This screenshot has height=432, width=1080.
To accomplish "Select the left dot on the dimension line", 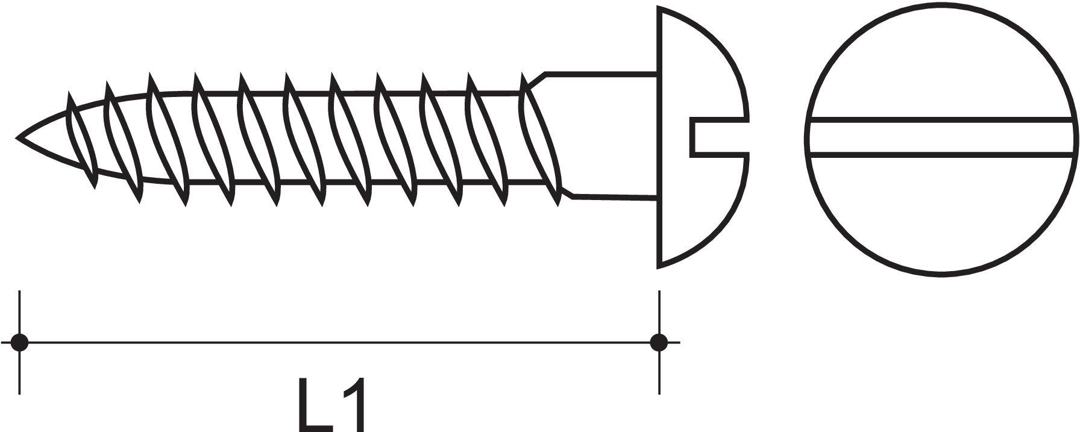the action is tap(20, 342).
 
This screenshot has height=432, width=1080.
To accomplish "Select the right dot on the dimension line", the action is tap(659, 342).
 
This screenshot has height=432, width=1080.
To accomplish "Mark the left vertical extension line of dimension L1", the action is tap(20, 342).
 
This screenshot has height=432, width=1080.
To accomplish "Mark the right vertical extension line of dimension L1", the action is tap(659, 342).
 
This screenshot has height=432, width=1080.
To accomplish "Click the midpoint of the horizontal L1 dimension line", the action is tap(339, 342).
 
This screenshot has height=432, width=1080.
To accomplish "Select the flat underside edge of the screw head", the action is tap(659, 137).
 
